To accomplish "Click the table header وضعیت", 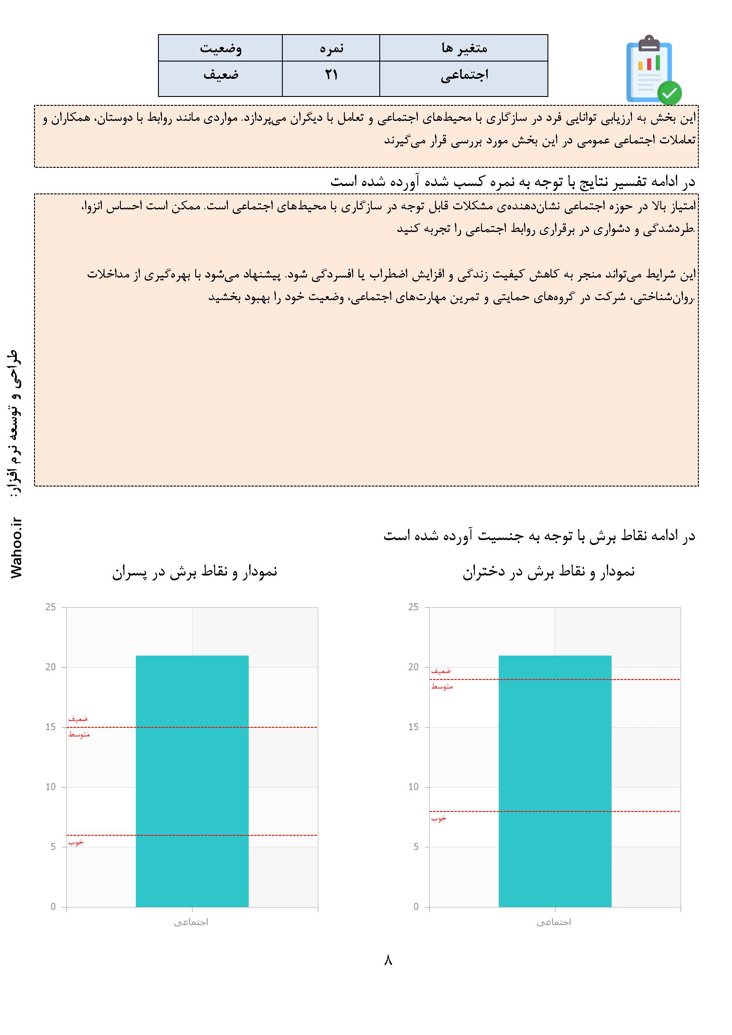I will (x=220, y=48).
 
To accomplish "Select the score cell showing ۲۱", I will (x=331, y=75).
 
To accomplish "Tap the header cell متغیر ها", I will (x=464, y=48).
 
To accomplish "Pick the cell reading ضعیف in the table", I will (x=220, y=75).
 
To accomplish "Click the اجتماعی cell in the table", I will (x=464, y=76).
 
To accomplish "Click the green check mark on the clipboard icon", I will (x=669, y=93).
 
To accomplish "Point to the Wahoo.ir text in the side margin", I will (x=17, y=547).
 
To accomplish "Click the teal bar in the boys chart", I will (x=192, y=784).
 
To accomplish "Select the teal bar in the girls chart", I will (x=555, y=784).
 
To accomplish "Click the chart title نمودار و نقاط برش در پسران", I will (x=195, y=572).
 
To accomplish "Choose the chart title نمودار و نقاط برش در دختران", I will (x=548, y=572).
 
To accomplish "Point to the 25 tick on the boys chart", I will (x=50, y=607).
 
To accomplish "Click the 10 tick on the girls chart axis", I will (x=413, y=787).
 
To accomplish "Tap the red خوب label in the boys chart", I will (x=76, y=842).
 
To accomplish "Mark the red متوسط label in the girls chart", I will (x=442, y=687).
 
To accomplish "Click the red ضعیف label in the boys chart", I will (x=78, y=719).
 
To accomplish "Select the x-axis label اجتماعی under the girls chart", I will (x=554, y=923).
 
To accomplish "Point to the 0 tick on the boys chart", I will (x=53, y=907).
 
